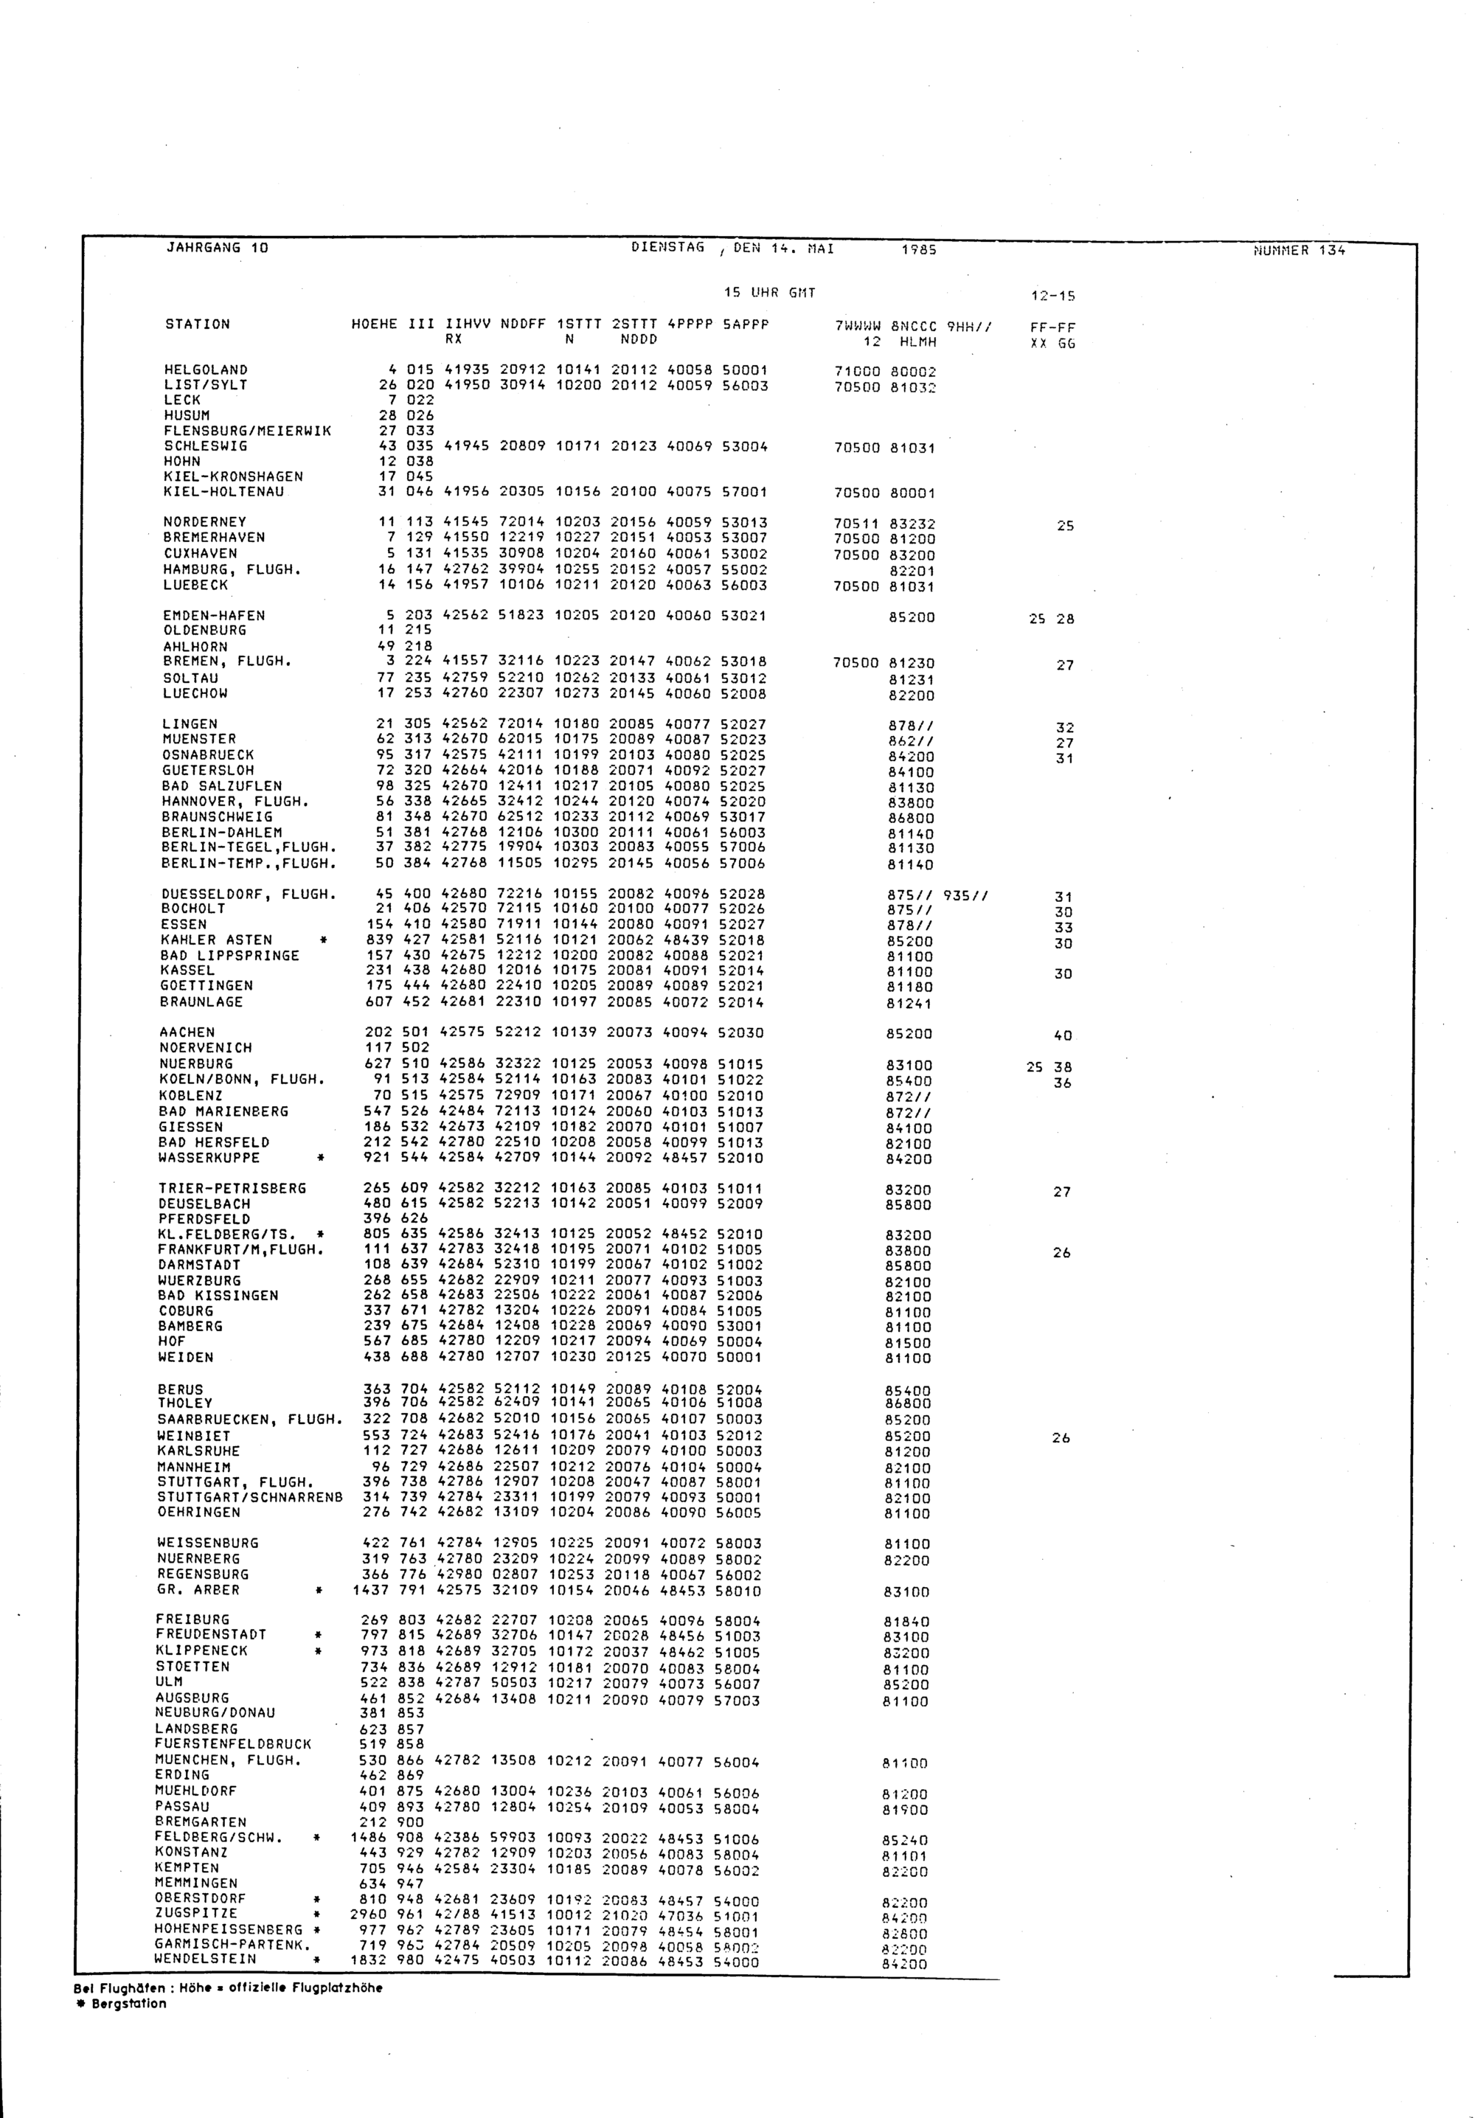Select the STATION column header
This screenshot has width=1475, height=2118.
pyautogui.click(x=198, y=324)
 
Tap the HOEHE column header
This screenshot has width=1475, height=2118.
pyautogui.click(x=374, y=324)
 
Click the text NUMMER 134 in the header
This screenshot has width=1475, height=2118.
pyautogui.click(x=1299, y=249)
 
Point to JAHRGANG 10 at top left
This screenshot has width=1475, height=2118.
pyautogui.click(x=217, y=247)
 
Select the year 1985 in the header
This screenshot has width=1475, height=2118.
pyautogui.click(x=918, y=249)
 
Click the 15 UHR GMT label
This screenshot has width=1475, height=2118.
pyautogui.click(x=769, y=294)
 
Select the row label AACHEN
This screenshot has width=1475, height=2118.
pyautogui.click(x=188, y=1032)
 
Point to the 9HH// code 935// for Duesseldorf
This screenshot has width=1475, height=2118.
pyautogui.click(x=966, y=894)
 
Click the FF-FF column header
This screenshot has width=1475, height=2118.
pyautogui.click(x=1052, y=327)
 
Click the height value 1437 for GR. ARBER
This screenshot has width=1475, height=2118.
pyautogui.click(x=369, y=1591)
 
